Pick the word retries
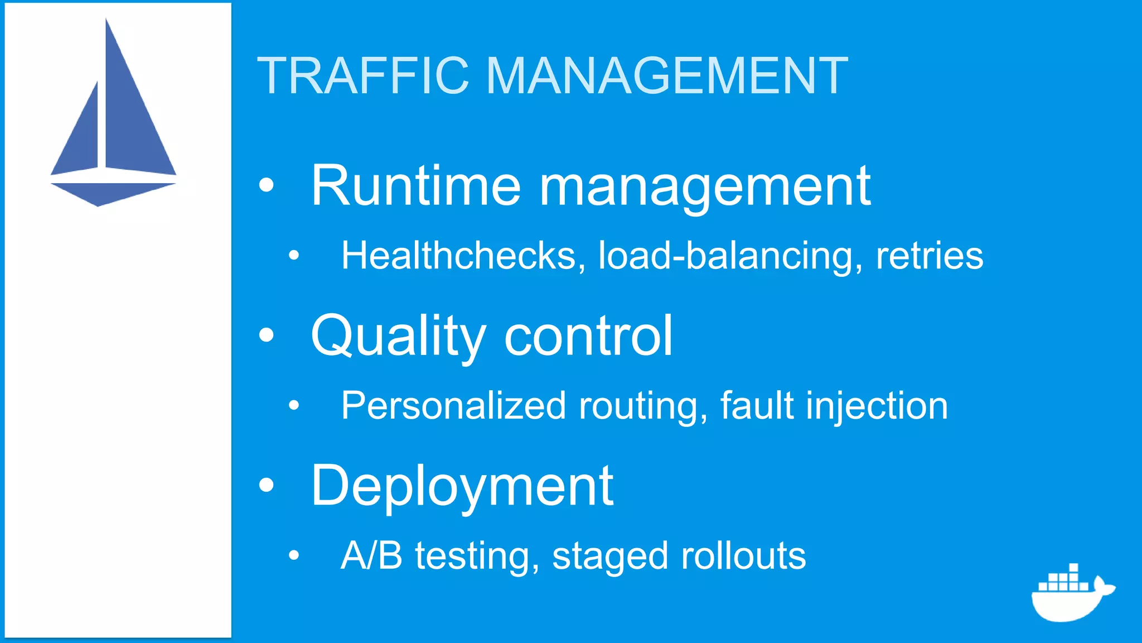coord(929,256)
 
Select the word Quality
coord(398,337)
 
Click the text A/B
coord(371,555)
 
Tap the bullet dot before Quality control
coord(267,335)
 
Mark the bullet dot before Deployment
coord(267,485)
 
